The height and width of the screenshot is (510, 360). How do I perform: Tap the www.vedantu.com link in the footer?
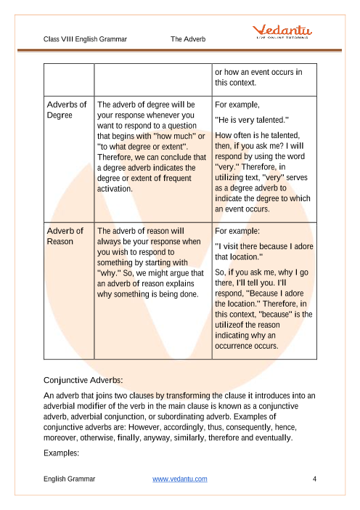(x=180, y=479)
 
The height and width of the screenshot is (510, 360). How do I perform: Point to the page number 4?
(x=314, y=479)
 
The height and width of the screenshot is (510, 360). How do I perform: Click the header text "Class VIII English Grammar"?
(x=85, y=39)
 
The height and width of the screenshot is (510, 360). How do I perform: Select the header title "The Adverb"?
(x=187, y=39)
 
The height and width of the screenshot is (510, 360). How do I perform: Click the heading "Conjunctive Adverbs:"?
(x=83, y=379)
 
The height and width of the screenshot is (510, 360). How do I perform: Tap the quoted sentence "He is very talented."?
(x=252, y=119)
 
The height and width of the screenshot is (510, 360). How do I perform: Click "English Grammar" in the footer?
(x=69, y=479)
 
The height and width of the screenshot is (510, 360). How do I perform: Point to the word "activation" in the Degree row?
(x=114, y=189)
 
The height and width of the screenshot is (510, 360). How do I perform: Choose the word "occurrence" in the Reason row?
(x=237, y=347)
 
